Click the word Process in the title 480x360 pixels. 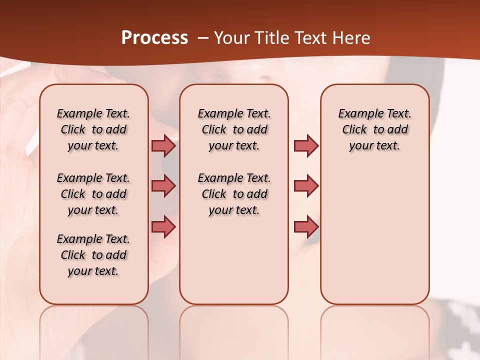[154, 38]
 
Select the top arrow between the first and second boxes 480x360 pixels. [163, 146]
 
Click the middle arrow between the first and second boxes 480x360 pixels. [163, 186]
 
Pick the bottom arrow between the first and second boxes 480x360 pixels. [163, 227]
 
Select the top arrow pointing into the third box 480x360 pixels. [306, 146]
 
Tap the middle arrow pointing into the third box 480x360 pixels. [306, 186]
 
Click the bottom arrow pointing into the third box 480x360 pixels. [306, 227]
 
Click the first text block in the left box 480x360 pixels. [93, 129]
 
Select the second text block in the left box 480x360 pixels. [93, 194]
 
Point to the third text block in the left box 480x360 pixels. [93, 255]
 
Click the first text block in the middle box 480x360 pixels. [234, 129]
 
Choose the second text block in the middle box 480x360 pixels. [234, 194]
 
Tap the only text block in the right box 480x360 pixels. [374, 129]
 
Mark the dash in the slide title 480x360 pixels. [203, 38]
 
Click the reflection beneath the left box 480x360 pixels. [93, 325]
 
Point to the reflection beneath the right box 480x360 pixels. [374, 325]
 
